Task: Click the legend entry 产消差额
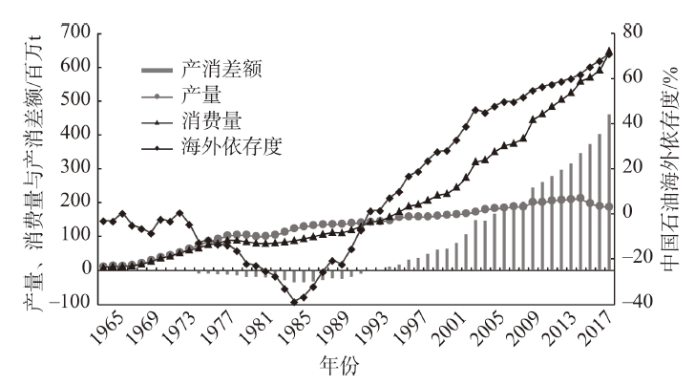(x=221, y=70)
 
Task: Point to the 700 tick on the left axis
(x=75, y=33)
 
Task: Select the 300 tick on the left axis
(x=75, y=168)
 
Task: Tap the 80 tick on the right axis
(x=636, y=32)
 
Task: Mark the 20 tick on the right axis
(x=636, y=167)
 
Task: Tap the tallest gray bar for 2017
(x=609, y=191)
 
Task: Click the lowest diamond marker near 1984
(x=294, y=302)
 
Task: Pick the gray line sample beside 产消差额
(x=160, y=70)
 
